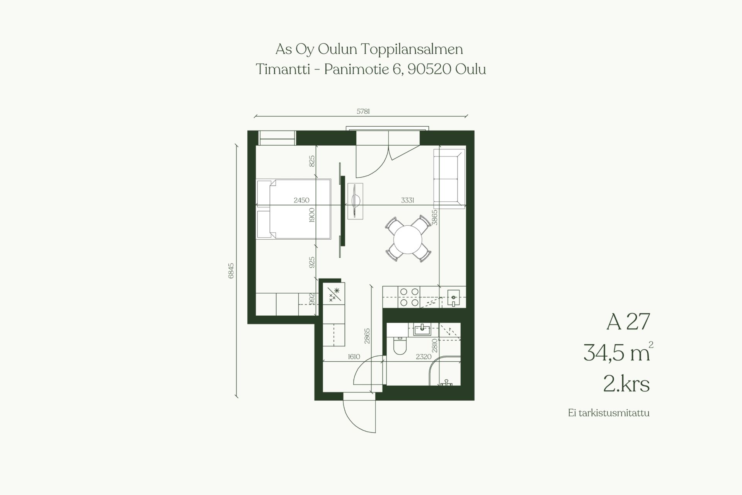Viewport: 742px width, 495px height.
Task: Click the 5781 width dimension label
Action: (363, 112)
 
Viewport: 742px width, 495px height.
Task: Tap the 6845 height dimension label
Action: (231, 271)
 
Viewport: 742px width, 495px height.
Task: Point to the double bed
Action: (294, 209)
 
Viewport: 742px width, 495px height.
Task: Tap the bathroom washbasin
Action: (422, 330)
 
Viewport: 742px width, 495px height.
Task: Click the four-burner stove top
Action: (409, 297)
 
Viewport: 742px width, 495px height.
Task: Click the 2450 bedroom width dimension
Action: (301, 200)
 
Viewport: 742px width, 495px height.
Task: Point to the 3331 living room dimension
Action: (408, 200)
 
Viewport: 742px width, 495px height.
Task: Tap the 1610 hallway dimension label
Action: (354, 357)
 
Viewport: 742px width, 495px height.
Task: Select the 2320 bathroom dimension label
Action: (424, 357)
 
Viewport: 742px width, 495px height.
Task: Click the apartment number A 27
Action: (628, 321)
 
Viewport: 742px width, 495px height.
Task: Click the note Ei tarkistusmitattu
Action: (609, 413)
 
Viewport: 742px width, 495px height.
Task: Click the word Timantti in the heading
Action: (283, 70)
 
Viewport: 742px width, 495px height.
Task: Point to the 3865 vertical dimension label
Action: (435, 217)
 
